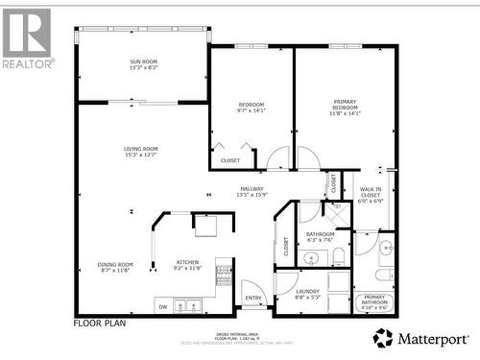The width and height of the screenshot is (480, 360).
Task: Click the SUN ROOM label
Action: point(143,62)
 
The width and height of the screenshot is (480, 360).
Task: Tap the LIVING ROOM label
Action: point(140,149)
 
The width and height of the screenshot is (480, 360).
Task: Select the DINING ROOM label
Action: point(115,264)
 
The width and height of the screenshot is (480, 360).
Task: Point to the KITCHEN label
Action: point(187,262)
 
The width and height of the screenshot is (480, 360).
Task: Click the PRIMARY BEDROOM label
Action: point(345,102)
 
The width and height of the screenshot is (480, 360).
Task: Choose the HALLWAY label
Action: point(252,189)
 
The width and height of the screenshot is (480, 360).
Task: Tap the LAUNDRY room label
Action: point(308,291)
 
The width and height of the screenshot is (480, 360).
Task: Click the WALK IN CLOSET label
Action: point(370,193)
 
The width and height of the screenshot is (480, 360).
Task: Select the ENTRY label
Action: point(252,298)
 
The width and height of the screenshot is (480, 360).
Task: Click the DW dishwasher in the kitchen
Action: point(162,307)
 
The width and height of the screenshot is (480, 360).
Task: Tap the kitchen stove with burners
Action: point(225,276)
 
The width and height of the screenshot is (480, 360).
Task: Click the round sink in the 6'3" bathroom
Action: point(311,257)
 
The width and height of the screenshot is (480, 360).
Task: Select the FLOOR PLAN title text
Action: point(99,324)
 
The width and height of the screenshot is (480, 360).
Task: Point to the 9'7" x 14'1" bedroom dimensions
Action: point(251,110)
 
